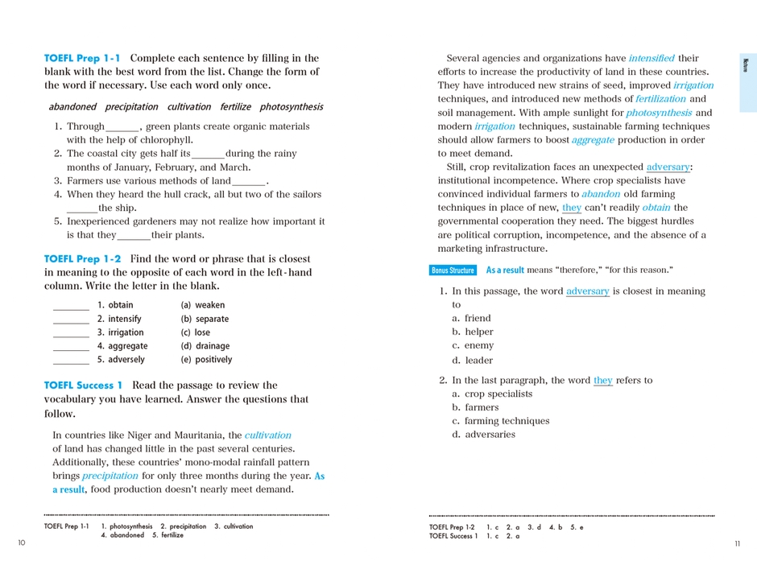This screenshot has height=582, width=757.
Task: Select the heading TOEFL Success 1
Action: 84,386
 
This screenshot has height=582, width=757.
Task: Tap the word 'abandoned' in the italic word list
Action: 72,106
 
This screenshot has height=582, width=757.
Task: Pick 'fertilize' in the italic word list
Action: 236,106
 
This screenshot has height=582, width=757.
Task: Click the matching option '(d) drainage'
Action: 205,346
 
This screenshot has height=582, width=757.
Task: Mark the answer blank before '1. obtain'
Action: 71,306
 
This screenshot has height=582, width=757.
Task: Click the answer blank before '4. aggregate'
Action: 71,347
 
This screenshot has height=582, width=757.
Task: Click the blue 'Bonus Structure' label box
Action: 453,270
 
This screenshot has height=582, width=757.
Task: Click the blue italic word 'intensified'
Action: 652,58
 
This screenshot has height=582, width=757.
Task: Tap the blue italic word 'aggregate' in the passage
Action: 593,140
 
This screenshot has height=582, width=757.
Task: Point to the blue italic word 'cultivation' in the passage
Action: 268,435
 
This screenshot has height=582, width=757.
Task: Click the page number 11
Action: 737,544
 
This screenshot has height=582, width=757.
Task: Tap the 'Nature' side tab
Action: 747,64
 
